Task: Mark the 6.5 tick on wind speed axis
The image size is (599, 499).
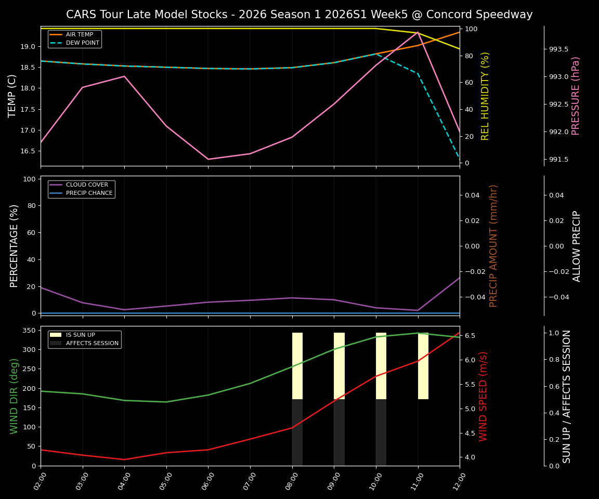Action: click(470, 336)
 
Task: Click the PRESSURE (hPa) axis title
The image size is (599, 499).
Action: click(576, 96)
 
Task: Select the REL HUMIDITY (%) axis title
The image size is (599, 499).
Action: click(485, 96)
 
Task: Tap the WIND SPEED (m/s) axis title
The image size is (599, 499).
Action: click(484, 396)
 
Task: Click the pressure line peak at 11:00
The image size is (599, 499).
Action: click(418, 32)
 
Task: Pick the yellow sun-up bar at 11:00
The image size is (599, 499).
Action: click(423, 366)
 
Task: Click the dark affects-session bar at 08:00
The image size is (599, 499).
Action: click(297, 432)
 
